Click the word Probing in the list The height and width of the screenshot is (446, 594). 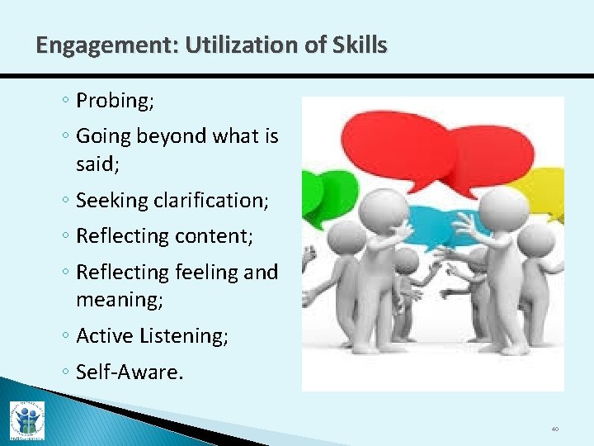111,101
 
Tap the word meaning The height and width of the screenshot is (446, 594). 119,299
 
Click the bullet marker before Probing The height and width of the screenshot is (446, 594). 68,102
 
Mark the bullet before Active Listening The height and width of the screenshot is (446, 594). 68,337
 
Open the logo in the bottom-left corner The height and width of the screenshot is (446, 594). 26,420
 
